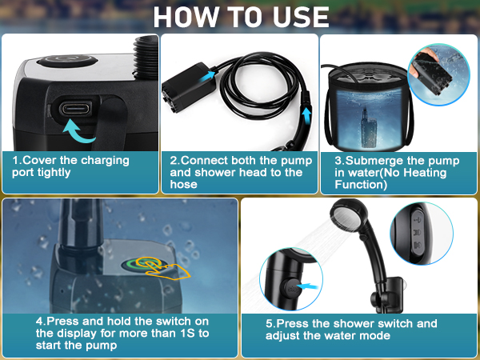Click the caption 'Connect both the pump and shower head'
pyautogui.click(x=236, y=172)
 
